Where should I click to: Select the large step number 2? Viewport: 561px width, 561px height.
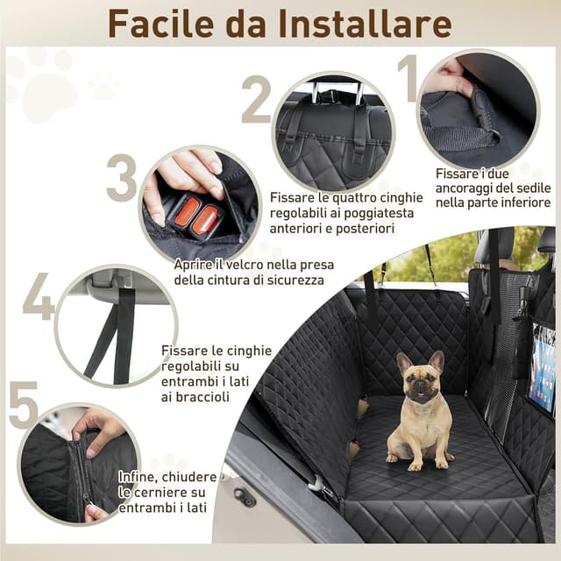(x=256, y=99)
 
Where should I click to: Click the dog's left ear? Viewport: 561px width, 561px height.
(x=403, y=361)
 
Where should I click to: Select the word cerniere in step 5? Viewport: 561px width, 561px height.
(x=165, y=493)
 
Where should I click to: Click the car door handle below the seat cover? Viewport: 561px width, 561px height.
(x=243, y=499)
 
